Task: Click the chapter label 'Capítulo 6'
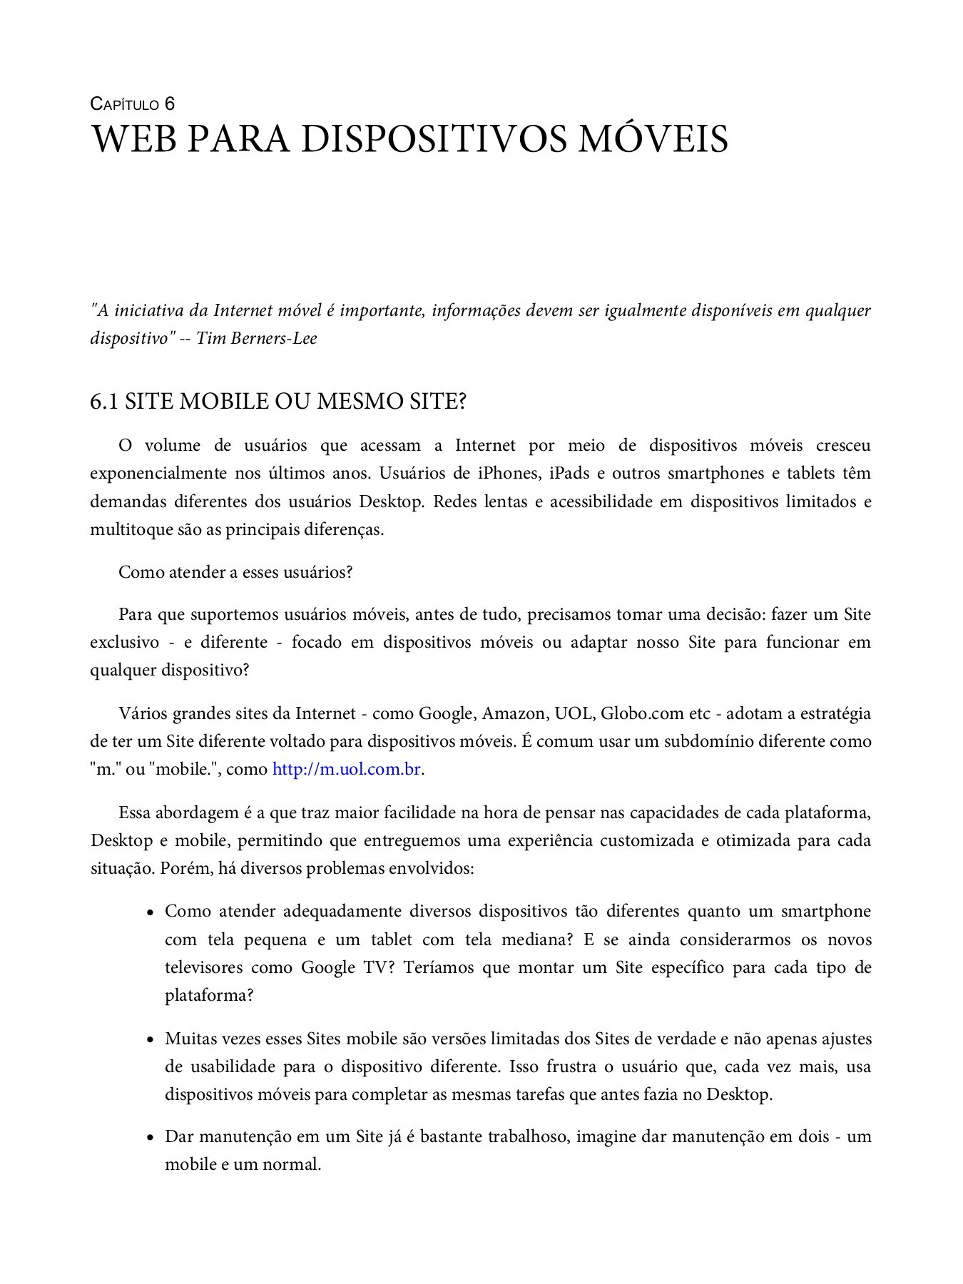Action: [x=133, y=104]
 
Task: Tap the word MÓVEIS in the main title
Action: [x=652, y=140]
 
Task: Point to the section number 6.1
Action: [x=103, y=402]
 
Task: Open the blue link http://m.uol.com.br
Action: [x=347, y=770]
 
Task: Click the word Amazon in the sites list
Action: [x=514, y=713]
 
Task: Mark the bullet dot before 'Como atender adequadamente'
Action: [x=151, y=912]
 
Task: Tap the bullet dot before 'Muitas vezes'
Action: [x=151, y=1040]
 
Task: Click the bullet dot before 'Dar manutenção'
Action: [x=151, y=1138]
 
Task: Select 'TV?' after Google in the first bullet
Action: [x=380, y=968]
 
